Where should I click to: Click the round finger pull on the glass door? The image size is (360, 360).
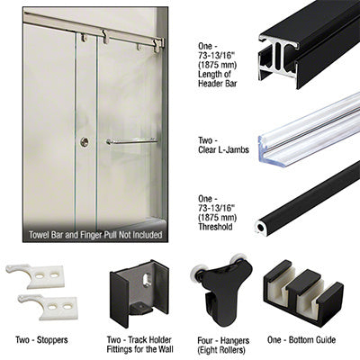coord(85,142)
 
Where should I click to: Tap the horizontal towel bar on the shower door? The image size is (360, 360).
coord(131,141)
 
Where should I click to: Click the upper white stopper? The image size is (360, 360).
coord(35,275)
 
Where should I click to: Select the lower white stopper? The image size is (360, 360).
coord(48,306)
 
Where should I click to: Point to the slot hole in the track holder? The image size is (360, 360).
coord(147,280)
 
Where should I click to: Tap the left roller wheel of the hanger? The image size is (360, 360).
coord(196,273)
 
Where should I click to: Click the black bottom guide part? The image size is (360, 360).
coord(303,292)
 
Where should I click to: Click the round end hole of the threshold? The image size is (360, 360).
coord(260,228)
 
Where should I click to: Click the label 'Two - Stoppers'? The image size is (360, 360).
coord(41,340)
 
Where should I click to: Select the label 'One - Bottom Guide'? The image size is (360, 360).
coord(301,340)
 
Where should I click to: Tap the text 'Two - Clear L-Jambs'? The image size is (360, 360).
coord(223,145)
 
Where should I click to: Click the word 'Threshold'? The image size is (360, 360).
coord(215,227)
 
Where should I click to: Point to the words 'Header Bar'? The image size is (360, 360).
coord(218,83)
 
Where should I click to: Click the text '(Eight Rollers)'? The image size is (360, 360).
coord(221,350)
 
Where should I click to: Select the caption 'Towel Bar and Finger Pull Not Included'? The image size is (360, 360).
coord(95,235)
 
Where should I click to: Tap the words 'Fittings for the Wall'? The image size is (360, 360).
coord(139,349)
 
